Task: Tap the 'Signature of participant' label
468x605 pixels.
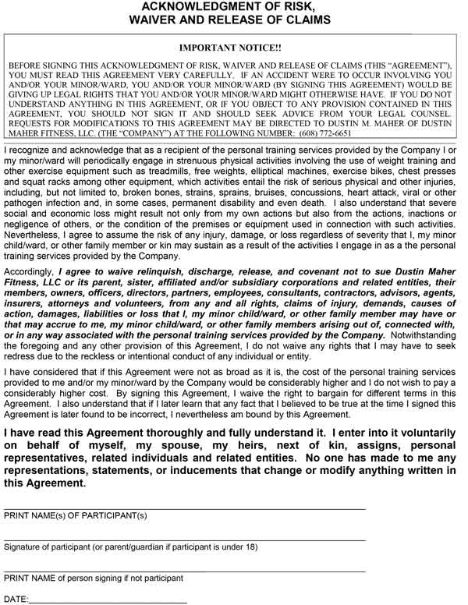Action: pos(55,547)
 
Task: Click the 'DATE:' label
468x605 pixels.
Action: pos(16,600)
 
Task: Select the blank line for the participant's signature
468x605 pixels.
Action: pos(185,539)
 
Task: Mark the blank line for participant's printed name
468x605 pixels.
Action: pos(185,508)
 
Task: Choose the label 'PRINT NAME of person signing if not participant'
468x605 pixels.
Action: pos(94,578)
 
